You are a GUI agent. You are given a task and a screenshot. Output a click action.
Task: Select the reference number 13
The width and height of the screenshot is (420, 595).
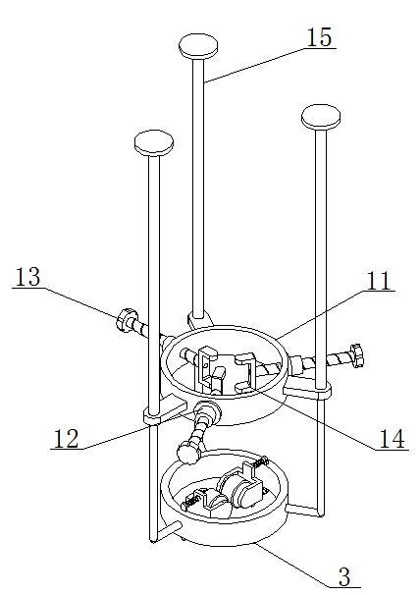click(x=27, y=277)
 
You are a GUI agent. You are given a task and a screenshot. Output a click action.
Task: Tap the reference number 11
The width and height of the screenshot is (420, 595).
click(x=378, y=281)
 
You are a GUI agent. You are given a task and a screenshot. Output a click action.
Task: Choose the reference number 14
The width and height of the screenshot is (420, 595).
click(x=392, y=439)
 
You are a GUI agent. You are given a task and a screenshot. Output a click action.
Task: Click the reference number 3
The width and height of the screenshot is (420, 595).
click(x=344, y=576)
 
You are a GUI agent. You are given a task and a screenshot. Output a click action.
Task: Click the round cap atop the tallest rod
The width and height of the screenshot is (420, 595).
click(x=198, y=46)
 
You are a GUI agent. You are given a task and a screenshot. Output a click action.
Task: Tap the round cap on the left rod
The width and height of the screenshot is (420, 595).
click(x=154, y=143)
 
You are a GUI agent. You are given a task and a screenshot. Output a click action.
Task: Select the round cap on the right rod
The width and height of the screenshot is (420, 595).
click(x=321, y=117)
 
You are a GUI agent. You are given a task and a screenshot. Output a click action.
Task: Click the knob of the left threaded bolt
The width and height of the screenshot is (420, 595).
click(x=125, y=320)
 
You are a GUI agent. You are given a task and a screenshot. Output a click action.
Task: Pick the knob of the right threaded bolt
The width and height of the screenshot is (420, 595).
click(x=357, y=354)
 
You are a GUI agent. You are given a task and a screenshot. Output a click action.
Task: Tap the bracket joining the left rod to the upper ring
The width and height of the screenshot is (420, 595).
click(x=165, y=409)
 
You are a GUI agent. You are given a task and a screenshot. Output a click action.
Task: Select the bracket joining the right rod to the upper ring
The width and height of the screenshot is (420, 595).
click(x=308, y=390)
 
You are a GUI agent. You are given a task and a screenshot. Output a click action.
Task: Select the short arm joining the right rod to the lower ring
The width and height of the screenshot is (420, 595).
click(x=304, y=510)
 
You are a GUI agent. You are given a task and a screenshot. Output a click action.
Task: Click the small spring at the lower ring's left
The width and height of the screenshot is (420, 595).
click(x=189, y=503)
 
